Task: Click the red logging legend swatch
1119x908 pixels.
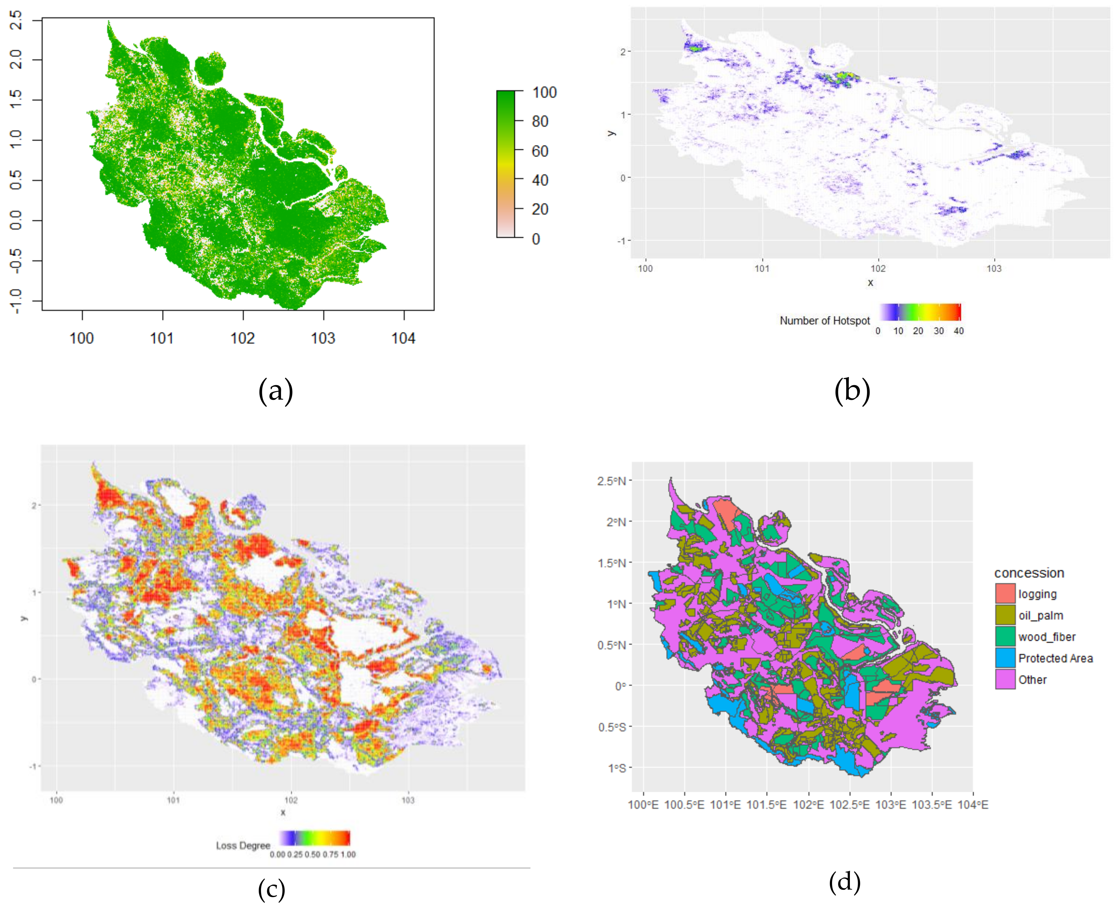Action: coord(1005,594)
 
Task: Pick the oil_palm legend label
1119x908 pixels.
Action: coord(1040,616)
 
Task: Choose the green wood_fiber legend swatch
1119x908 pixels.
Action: coord(1005,637)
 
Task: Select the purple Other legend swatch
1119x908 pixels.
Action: coord(1005,679)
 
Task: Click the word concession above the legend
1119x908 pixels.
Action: coord(1029,573)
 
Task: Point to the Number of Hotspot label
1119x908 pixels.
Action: coord(824,320)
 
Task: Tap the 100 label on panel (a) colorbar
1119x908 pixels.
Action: coord(544,93)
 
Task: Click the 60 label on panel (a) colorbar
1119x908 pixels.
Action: coord(540,151)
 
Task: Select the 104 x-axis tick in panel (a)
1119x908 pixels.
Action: coord(404,338)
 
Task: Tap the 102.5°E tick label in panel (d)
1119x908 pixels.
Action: coord(850,805)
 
